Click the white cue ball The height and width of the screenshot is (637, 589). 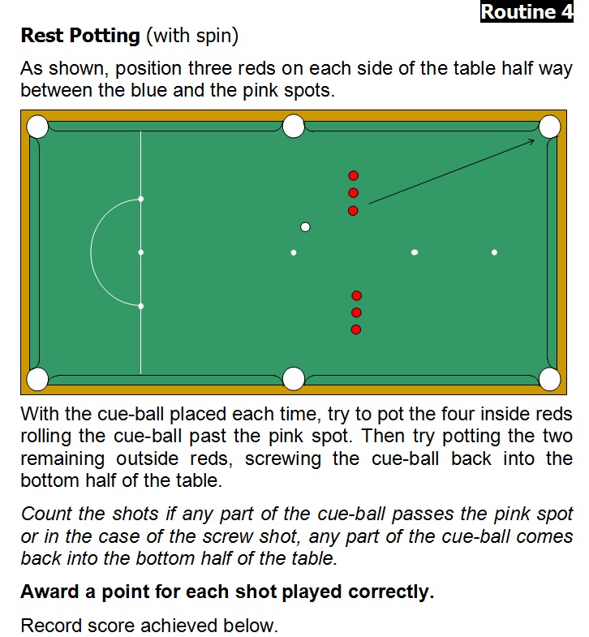point(305,227)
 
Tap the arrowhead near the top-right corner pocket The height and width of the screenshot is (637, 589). point(531,141)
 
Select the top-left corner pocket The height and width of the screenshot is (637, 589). point(37,127)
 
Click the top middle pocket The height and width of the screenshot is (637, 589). point(293,127)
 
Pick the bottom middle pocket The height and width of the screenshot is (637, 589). point(293,379)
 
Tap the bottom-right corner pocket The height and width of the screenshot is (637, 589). point(549,379)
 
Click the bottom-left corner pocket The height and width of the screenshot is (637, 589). point(37,379)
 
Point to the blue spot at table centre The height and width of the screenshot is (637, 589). point(294,252)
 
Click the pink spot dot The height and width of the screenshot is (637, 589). point(415,252)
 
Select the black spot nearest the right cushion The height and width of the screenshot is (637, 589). point(494,252)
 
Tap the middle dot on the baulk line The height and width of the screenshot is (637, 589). point(141,252)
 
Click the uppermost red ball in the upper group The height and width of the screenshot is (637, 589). point(354,175)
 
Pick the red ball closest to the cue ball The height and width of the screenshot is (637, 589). point(353,211)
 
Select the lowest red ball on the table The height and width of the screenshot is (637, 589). point(356,329)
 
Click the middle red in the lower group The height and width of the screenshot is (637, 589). point(356,312)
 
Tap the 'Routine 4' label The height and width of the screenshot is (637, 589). point(527,12)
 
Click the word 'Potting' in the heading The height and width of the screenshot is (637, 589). point(105,36)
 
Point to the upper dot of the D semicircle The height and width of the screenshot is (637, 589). point(141,199)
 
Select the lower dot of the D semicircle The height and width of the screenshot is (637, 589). point(141,306)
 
